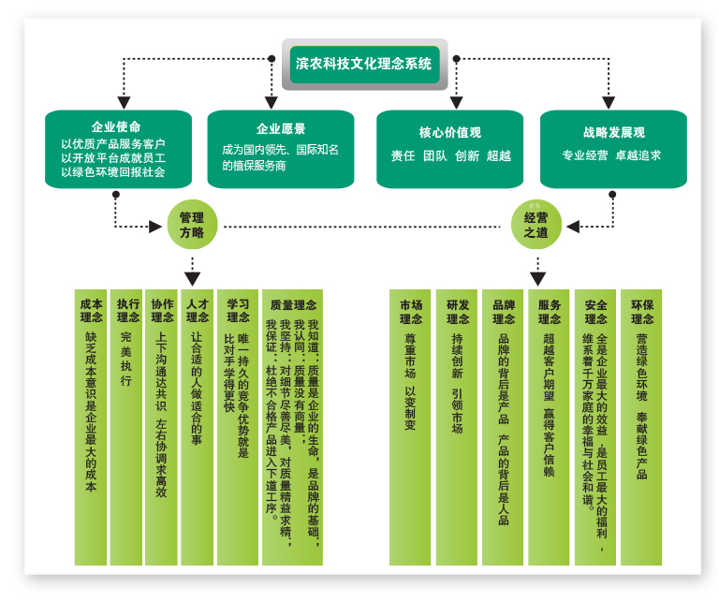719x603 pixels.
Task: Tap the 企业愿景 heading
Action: (281, 128)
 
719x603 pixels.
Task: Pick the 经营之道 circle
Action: (536, 225)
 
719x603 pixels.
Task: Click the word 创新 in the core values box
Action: (466, 155)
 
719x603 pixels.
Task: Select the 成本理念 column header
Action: (91, 311)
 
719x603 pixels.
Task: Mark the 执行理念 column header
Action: (127, 311)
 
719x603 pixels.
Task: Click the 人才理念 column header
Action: (197, 311)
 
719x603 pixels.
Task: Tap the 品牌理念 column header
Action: (504, 311)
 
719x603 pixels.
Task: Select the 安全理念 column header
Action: (595, 311)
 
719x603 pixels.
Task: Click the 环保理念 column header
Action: (642, 311)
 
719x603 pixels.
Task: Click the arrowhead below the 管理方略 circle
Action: (192, 278)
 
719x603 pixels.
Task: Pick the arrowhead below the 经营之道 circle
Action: (537, 278)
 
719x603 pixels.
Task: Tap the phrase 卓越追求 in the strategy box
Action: (638, 155)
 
